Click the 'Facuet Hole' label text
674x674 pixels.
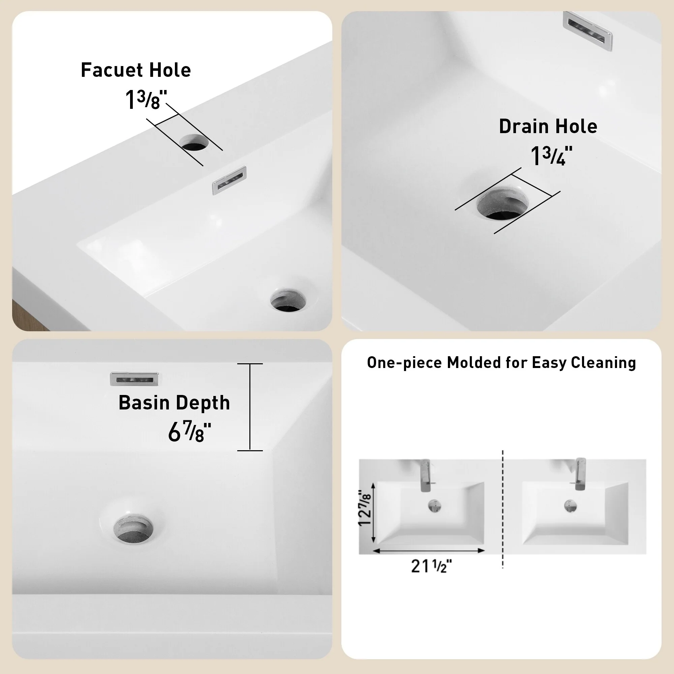(136, 70)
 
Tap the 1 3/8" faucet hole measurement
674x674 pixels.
(146, 100)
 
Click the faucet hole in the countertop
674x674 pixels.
(194, 142)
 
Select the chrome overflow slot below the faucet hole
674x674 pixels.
(229, 180)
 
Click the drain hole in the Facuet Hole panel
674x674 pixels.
(288, 300)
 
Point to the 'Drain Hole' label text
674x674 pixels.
(548, 126)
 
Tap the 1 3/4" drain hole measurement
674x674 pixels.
(552, 156)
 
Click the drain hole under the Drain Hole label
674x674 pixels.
(502, 204)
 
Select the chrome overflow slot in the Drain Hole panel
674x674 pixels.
(587, 31)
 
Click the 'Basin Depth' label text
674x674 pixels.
(174, 403)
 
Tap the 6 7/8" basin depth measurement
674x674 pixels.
(189, 432)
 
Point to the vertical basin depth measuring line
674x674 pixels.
(250, 407)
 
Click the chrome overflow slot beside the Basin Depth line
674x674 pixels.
(135, 379)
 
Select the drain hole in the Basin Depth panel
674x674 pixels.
(133, 528)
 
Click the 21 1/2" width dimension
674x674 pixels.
(431, 565)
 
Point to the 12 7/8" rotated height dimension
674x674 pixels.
(365, 508)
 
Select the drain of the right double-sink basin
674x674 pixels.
(571, 506)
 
